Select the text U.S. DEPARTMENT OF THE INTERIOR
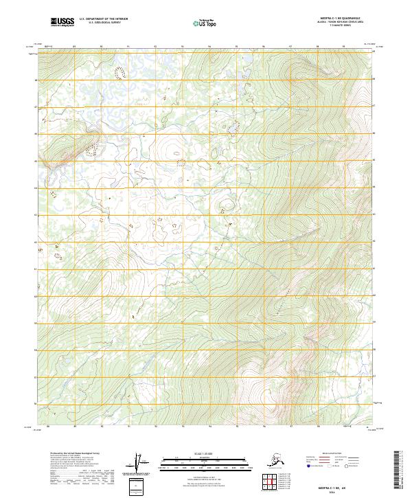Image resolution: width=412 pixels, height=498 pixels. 100,21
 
